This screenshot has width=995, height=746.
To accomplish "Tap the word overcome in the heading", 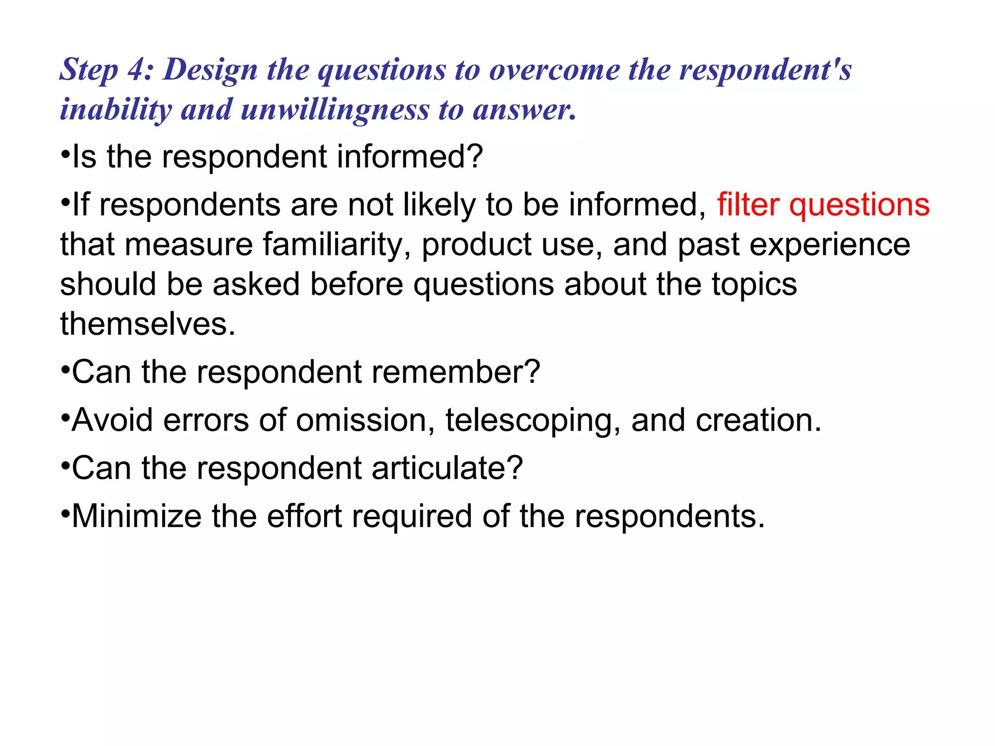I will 554,69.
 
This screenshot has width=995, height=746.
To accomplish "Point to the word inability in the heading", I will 116,110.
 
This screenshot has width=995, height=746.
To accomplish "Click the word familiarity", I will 337,244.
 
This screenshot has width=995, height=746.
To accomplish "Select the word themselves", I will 148,324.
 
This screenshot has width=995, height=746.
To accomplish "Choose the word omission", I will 365,420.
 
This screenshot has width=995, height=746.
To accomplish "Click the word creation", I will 758,420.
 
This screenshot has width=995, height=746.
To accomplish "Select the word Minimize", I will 136,516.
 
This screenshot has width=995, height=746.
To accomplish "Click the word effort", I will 305,516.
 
